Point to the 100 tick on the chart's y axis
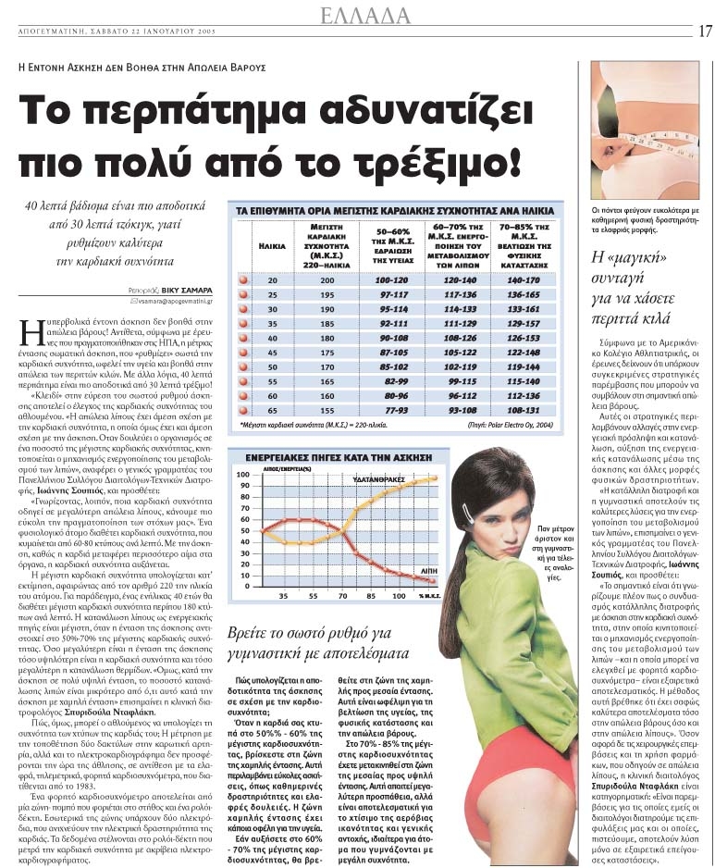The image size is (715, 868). (x=244, y=473)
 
